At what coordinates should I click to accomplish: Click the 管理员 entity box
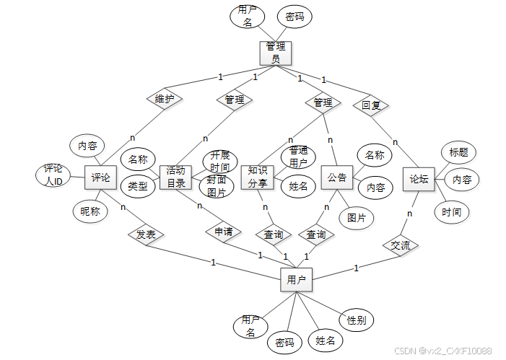(275, 53)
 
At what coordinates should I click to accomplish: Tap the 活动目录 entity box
(175, 177)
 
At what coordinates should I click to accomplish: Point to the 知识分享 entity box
(257, 177)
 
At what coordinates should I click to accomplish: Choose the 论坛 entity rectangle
(418, 179)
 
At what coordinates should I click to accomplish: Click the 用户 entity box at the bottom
(296, 279)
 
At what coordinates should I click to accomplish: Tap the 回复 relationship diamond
(371, 105)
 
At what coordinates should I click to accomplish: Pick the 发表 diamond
(146, 235)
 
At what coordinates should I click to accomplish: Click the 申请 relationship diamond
(223, 232)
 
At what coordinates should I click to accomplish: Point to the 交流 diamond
(400, 245)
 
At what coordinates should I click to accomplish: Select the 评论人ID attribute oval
(53, 175)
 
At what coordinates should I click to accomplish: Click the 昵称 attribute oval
(90, 211)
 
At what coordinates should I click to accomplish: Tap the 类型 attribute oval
(137, 186)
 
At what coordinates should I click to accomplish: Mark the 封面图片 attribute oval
(217, 187)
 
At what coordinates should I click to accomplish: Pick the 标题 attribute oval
(458, 152)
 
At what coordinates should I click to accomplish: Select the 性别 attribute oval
(356, 319)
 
